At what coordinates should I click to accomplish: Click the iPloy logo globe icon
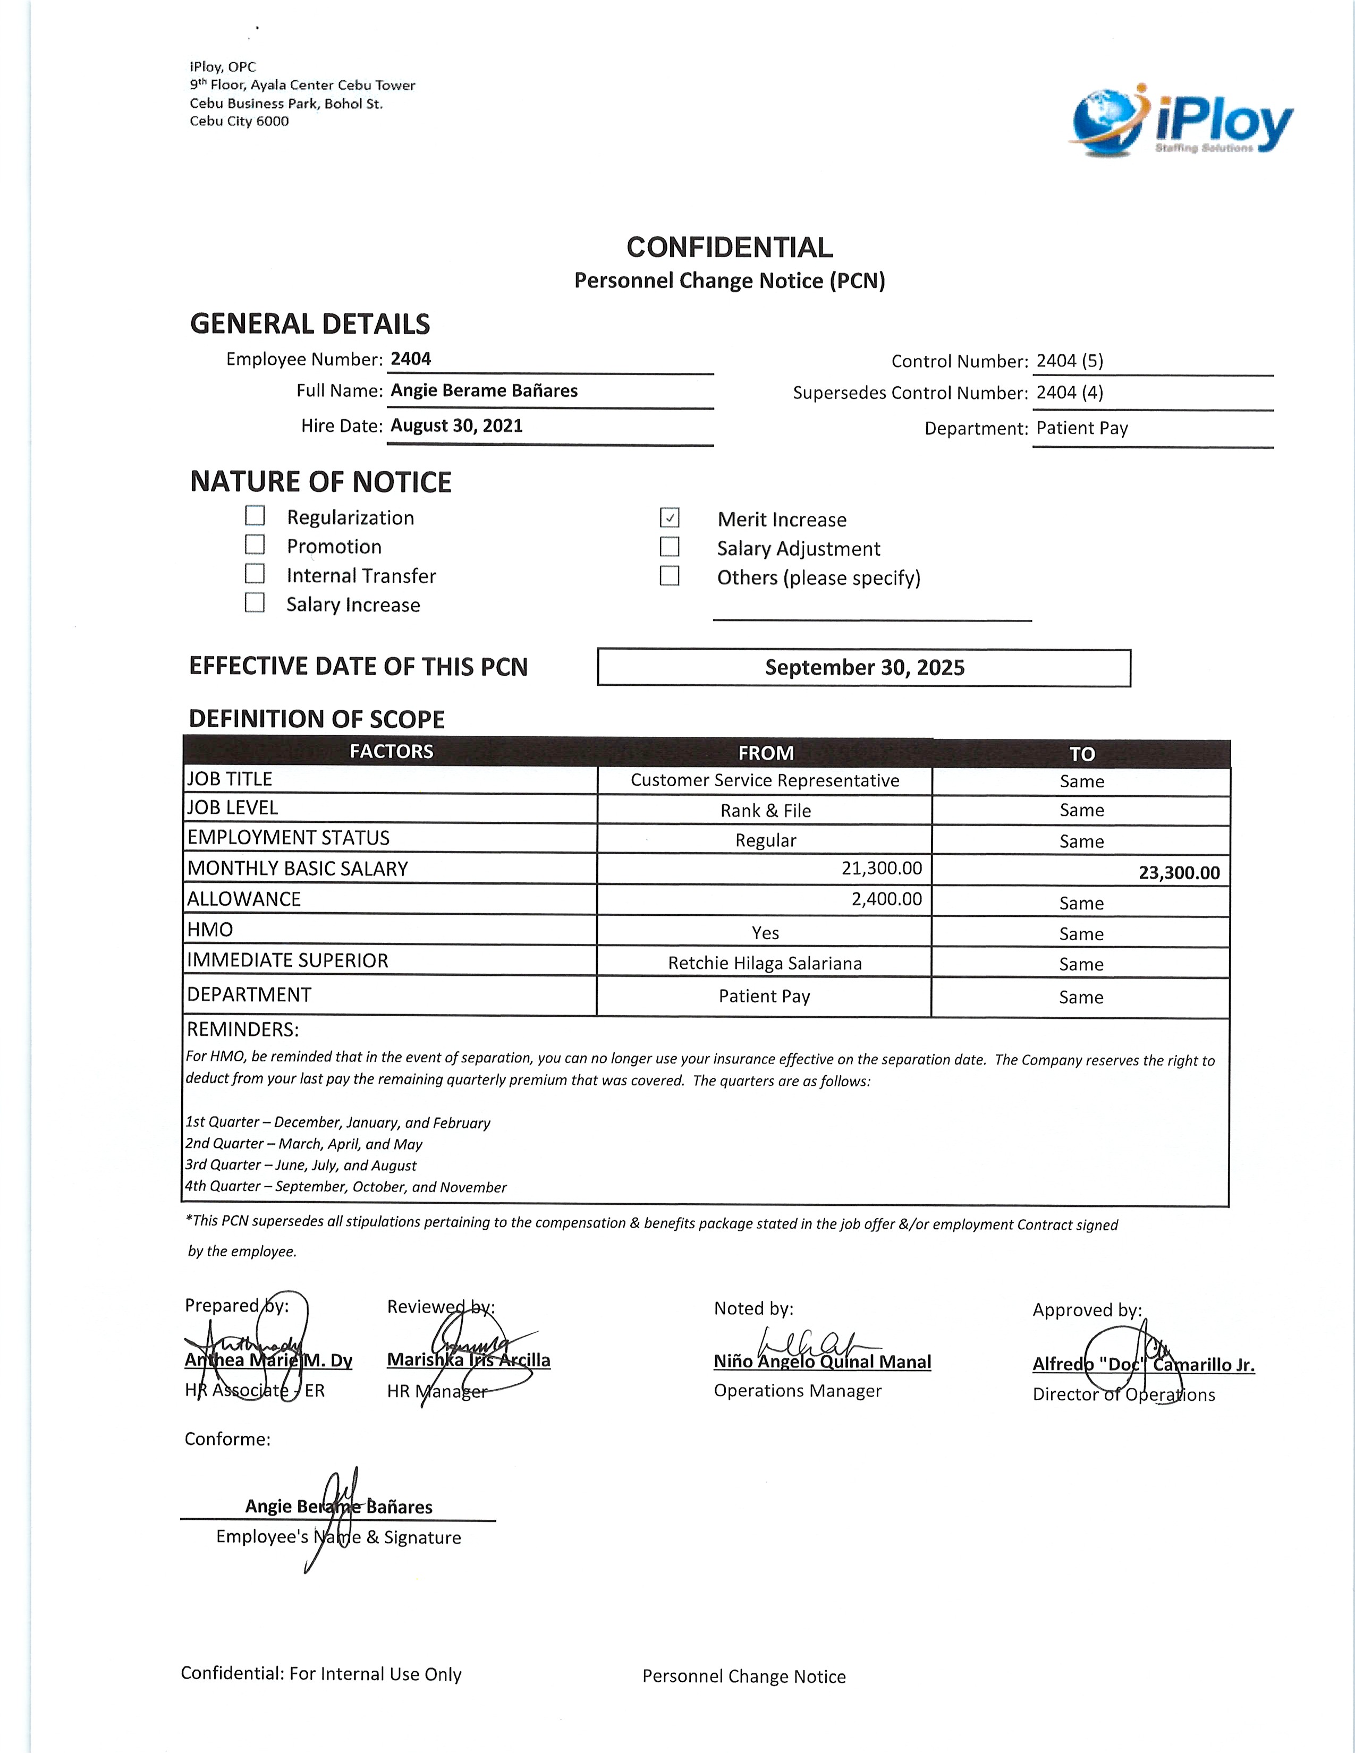tap(1107, 121)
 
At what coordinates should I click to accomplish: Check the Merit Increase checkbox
tap(670, 518)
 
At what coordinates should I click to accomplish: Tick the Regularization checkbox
tap(255, 515)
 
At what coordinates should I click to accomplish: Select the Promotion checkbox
tap(255, 544)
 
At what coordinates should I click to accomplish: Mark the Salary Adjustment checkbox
tap(670, 547)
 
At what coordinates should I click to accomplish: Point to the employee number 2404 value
tap(411, 359)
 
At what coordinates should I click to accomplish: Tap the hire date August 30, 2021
tap(456, 426)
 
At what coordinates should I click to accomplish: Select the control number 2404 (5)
tap(1069, 361)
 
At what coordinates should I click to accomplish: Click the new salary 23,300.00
tap(1179, 872)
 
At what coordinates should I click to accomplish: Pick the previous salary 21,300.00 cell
tap(882, 867)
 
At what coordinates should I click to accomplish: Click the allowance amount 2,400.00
tap(886, 899)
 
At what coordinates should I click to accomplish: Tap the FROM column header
tap(766, 753)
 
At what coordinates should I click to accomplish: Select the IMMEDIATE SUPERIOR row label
tap(287, 961)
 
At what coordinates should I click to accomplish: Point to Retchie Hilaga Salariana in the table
tap(764, 963)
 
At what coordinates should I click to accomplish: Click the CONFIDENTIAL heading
tap(729, 247)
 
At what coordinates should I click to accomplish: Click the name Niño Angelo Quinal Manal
tap(822, 1361)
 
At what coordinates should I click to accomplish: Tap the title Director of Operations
tap(1123, 1394)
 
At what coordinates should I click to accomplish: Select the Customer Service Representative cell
tap(764, 780)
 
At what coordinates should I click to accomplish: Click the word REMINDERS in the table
tap(242, 1030)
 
